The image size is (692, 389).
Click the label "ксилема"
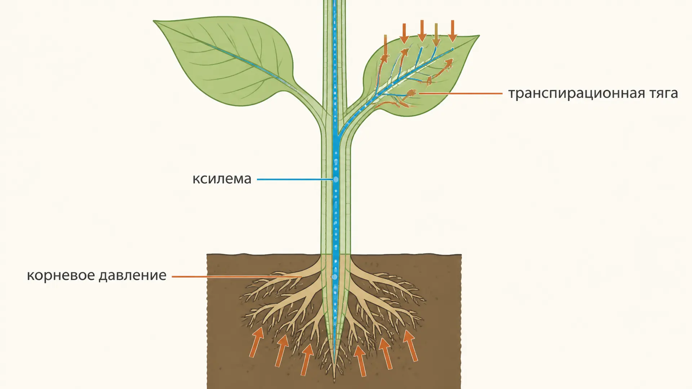pos(222,179)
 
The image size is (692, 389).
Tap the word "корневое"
pos(61,276)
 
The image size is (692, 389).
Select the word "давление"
pos(132,276)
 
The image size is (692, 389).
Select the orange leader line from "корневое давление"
pos(237,277)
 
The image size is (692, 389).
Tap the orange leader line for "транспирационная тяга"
pos(461,93)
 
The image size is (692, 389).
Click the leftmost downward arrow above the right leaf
pos(385,45)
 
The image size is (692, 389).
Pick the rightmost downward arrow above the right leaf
pos(453,31)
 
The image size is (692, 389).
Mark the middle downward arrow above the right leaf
pos(422,31)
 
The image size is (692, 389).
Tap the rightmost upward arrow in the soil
pos(410,345)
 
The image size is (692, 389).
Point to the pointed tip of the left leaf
pos(154,21)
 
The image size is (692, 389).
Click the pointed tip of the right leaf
pos(479,36)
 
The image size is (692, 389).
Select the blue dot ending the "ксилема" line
pos(336,179)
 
